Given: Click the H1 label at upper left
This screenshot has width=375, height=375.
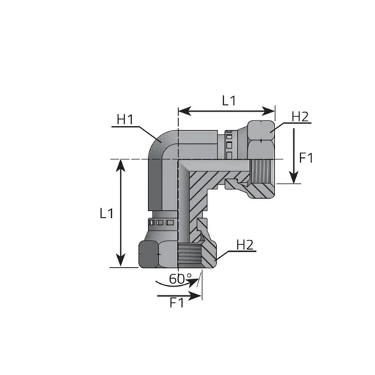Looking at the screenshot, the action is pos(125,119).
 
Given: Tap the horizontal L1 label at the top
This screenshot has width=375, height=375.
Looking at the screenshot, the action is pos(229,100).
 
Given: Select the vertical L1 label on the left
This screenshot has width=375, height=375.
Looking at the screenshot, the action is pos(106,214).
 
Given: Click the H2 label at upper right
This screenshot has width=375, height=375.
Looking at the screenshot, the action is pos(300,117).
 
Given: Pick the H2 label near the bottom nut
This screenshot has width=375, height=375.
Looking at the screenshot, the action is pos(244,245).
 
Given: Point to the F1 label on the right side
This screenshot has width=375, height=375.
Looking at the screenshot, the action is pos(306,158).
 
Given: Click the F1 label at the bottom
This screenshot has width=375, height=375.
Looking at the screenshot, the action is pos(177,303).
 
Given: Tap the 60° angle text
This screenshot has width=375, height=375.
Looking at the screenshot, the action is pos(180,279).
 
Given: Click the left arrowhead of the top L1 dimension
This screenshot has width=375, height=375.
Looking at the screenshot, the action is pos(185,111).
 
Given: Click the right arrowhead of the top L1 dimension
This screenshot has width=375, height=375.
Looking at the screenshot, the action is pos(269,111).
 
